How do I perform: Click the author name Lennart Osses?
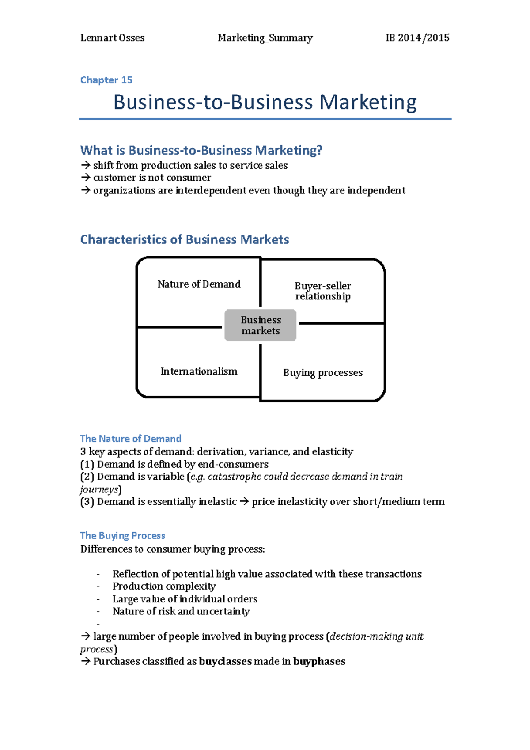(x=112, y=38)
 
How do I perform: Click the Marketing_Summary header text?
(x=265, y=38)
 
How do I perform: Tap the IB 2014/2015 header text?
(x=417, y=38)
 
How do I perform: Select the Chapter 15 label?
(x=106, y=80)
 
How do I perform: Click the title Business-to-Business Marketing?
(x=265, y=102)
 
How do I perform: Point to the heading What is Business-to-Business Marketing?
(x=201, y=151)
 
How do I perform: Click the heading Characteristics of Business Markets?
(x=185, y=239)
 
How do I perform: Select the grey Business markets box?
(x=261, y=326)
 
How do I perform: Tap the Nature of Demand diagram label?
(x=199, y=284)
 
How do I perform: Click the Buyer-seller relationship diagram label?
(x=323, y=291)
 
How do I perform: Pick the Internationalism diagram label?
(x=199, y=371)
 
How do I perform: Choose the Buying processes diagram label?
(x=323, y=373)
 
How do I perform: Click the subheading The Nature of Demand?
(x=131, y=439)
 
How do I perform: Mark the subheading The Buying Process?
(x=123, y=536)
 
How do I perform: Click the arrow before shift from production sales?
(x=85, y=165)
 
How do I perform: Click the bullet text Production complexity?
(x=164, y=586)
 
